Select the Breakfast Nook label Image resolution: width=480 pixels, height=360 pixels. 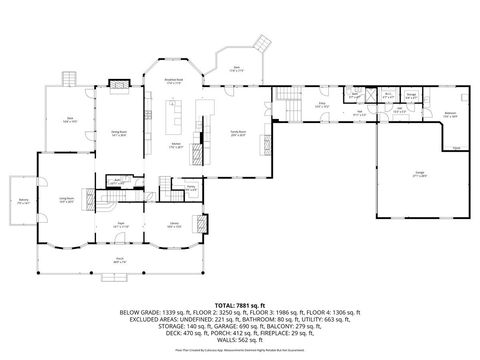[x=173, y=83]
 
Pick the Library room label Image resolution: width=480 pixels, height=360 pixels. [x=174, y=225]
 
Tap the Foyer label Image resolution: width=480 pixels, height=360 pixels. [x=119, y=226]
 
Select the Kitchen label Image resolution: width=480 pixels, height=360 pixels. [x=176, y=147]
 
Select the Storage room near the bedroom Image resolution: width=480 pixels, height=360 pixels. [x=411, y=97]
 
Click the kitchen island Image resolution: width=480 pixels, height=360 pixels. [x=175, y=127]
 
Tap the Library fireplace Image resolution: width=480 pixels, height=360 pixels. [x=206, y=223]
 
